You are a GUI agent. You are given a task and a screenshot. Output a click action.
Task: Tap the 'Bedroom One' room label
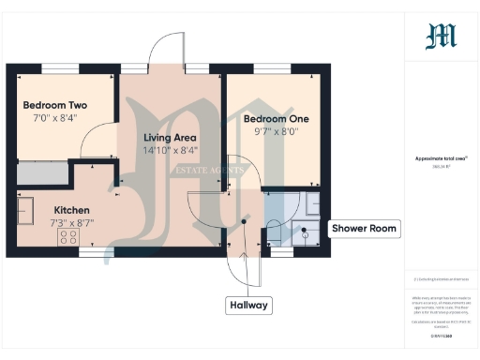(x=276, y=119)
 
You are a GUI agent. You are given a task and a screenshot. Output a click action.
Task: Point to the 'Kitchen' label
(x=72, y=210)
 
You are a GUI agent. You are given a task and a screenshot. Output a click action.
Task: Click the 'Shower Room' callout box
(x=366, y=228)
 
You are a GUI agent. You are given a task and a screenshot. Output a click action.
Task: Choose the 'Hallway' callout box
(x=248, y=306)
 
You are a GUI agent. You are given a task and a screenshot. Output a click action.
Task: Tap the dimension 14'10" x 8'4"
(x=170, y=151)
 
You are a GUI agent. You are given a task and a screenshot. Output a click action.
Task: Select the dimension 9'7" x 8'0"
(x=276, y=132)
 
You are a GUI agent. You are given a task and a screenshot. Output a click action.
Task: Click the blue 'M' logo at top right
(x=441, y=36)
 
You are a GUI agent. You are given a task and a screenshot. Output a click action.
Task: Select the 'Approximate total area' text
(x=441, y=158)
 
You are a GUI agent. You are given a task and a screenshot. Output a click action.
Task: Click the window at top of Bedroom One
(x=272, y=67)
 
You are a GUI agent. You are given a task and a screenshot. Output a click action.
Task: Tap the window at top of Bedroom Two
(x=52, y=67)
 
